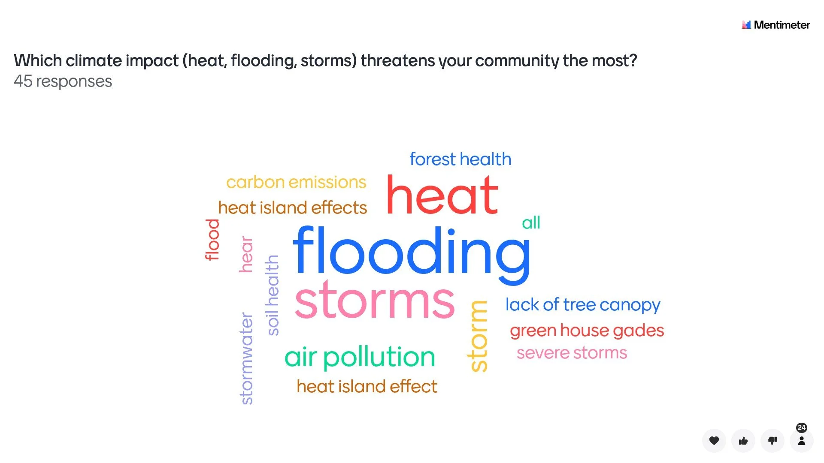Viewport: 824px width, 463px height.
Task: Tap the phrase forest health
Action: (460, 159)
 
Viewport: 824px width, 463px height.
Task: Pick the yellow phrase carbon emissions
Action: (296, 182)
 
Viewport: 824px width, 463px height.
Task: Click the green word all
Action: (531, 223)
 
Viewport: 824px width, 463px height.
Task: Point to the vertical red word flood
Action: (212, 240)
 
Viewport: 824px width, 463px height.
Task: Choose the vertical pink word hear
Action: (246, 254)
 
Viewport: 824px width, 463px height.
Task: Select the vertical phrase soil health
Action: (273, 295)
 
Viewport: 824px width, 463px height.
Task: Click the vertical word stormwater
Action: (247, 358)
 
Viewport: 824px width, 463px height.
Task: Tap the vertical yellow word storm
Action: (478, 337)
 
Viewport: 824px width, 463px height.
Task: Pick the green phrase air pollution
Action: (360, 357)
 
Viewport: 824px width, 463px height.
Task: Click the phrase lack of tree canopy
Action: (582, 305)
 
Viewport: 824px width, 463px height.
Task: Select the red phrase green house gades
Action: (587, 331)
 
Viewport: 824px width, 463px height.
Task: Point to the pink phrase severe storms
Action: (572, 353)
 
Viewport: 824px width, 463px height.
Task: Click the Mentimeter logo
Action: (776, 25)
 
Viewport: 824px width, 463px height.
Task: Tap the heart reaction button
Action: (714, 441)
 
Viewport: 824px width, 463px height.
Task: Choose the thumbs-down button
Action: (772, 441)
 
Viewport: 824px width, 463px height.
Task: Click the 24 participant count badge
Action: (801, 428)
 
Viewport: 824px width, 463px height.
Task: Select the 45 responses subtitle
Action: (63, 81)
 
